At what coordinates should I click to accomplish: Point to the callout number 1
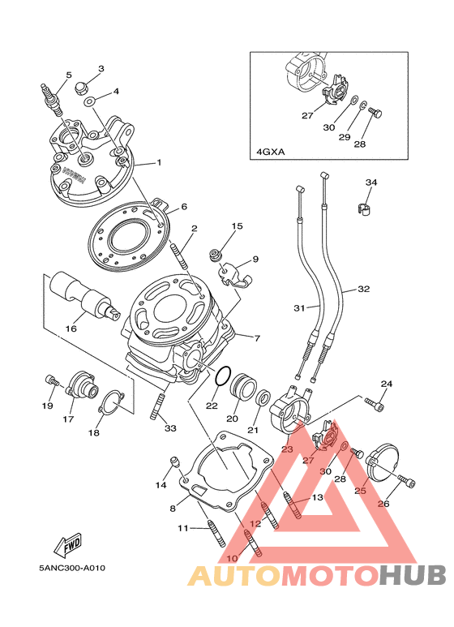[x=159, y=163]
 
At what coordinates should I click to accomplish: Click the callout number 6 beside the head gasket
[x=184, y=207]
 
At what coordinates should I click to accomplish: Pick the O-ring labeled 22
[x=223, y=376]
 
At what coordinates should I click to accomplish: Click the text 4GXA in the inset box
[x=270, y=152]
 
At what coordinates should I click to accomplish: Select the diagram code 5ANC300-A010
[x=72, y=568]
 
